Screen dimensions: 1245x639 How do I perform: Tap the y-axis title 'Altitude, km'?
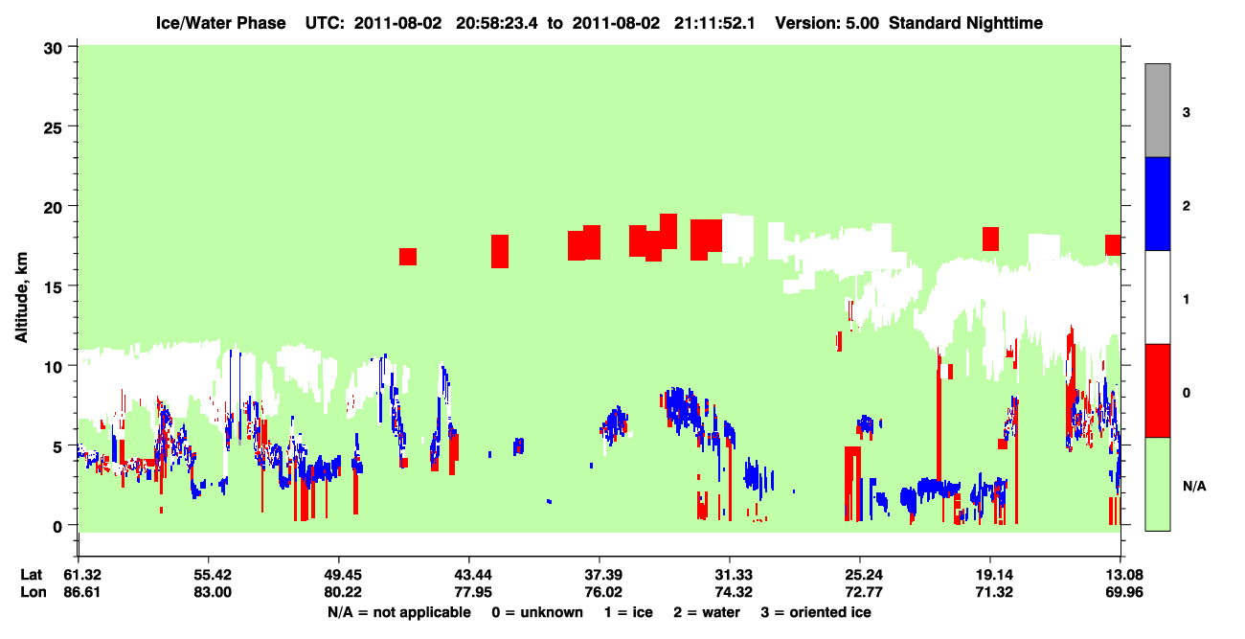click(21, 298)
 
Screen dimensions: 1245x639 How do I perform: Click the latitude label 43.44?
click(473, 575)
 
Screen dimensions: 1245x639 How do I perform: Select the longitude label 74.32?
click(734, 592)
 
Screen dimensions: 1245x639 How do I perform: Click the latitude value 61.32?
click(82, 575)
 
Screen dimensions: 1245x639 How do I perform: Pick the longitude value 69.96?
click(1124, 592)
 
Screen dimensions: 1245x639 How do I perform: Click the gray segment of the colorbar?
click(1158, 110)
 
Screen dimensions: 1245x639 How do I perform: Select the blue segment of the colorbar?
click(1158, 203)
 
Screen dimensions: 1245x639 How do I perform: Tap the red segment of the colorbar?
click(1158, 391)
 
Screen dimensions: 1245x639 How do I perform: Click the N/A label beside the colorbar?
click(1194, 487)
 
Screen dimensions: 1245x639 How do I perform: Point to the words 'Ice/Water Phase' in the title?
click(220, 23)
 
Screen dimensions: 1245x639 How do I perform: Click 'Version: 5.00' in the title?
click(827, 23)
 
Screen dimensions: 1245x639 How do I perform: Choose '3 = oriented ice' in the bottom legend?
click(816, 612)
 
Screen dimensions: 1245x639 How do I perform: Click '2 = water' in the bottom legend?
click(707, 612)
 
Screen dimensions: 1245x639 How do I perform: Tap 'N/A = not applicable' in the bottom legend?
click(399, 612)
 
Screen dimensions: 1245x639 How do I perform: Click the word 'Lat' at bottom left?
click(31, 575)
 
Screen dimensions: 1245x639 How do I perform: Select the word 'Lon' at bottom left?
click(34, 592)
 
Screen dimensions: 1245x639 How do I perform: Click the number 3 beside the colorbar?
click(1186, 113)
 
